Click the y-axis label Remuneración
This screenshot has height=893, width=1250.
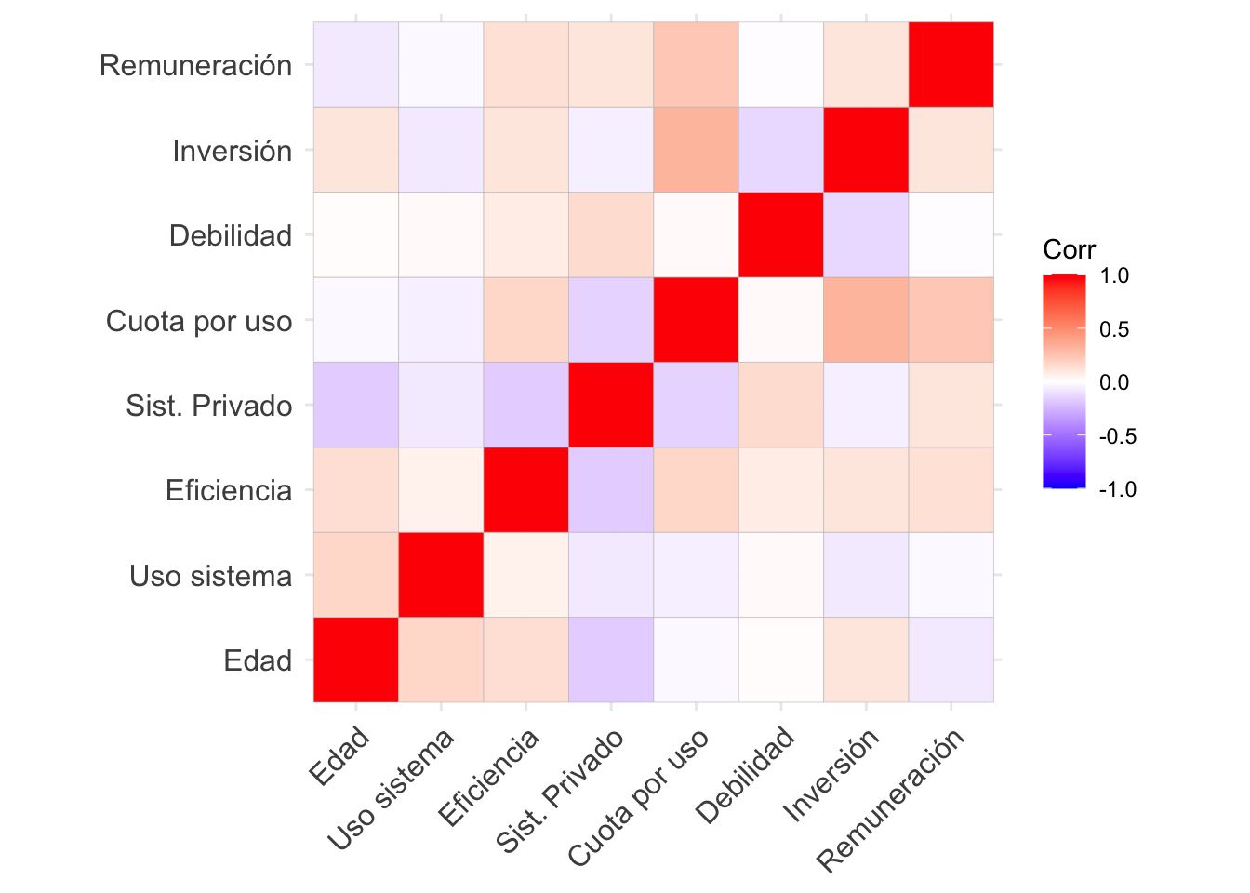pos(195,66)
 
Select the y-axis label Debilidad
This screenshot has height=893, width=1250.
pos(231,236)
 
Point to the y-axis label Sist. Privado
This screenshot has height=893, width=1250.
pos(209,407)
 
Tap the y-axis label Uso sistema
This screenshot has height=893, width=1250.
pos(211,577)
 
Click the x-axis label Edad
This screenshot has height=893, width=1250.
pos(340,757)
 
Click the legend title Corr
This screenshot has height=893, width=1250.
pos(1069,249)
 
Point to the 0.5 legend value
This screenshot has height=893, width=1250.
pos(1114,329)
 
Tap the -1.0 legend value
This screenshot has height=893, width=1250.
pos(1117,489)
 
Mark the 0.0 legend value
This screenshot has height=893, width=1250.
pos(1114,382)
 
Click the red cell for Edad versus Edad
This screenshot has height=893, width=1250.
pos(356,660)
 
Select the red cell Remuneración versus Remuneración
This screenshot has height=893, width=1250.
pos(951,65)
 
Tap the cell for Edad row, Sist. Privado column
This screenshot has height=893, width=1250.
pos(611,660)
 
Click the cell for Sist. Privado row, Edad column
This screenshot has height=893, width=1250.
pos(356,406)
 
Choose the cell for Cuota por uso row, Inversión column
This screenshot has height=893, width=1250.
pos(866,320)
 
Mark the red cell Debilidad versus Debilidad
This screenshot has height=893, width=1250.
pos(781,235)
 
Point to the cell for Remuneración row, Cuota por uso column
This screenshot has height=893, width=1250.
pos(697,65)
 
